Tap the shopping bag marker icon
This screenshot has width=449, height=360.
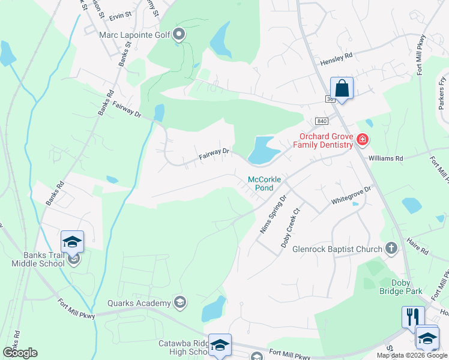coord(342,89)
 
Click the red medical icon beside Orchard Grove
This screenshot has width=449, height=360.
coord(362,140)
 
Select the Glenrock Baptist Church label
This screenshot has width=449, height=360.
coord(337,249)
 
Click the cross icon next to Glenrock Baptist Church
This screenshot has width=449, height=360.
coord(391,248)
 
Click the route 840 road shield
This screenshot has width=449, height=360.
coord(322,121)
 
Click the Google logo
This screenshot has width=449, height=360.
coord(20,352)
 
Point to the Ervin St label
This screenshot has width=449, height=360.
coord(120,14)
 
